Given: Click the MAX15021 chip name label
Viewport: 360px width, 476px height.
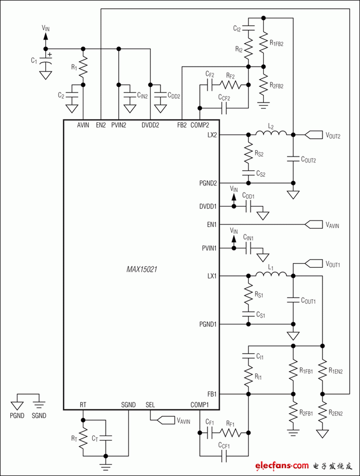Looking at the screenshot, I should coord(141,269).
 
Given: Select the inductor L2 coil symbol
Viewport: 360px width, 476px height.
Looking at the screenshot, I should coord(271,135).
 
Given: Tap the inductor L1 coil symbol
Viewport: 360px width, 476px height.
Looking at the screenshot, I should coord(271,276).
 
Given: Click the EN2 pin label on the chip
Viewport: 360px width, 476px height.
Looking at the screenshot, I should coord(101,125).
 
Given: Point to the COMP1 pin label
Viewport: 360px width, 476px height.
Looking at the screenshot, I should coord(200,405).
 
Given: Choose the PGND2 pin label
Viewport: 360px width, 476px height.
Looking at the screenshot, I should coord(207,182).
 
